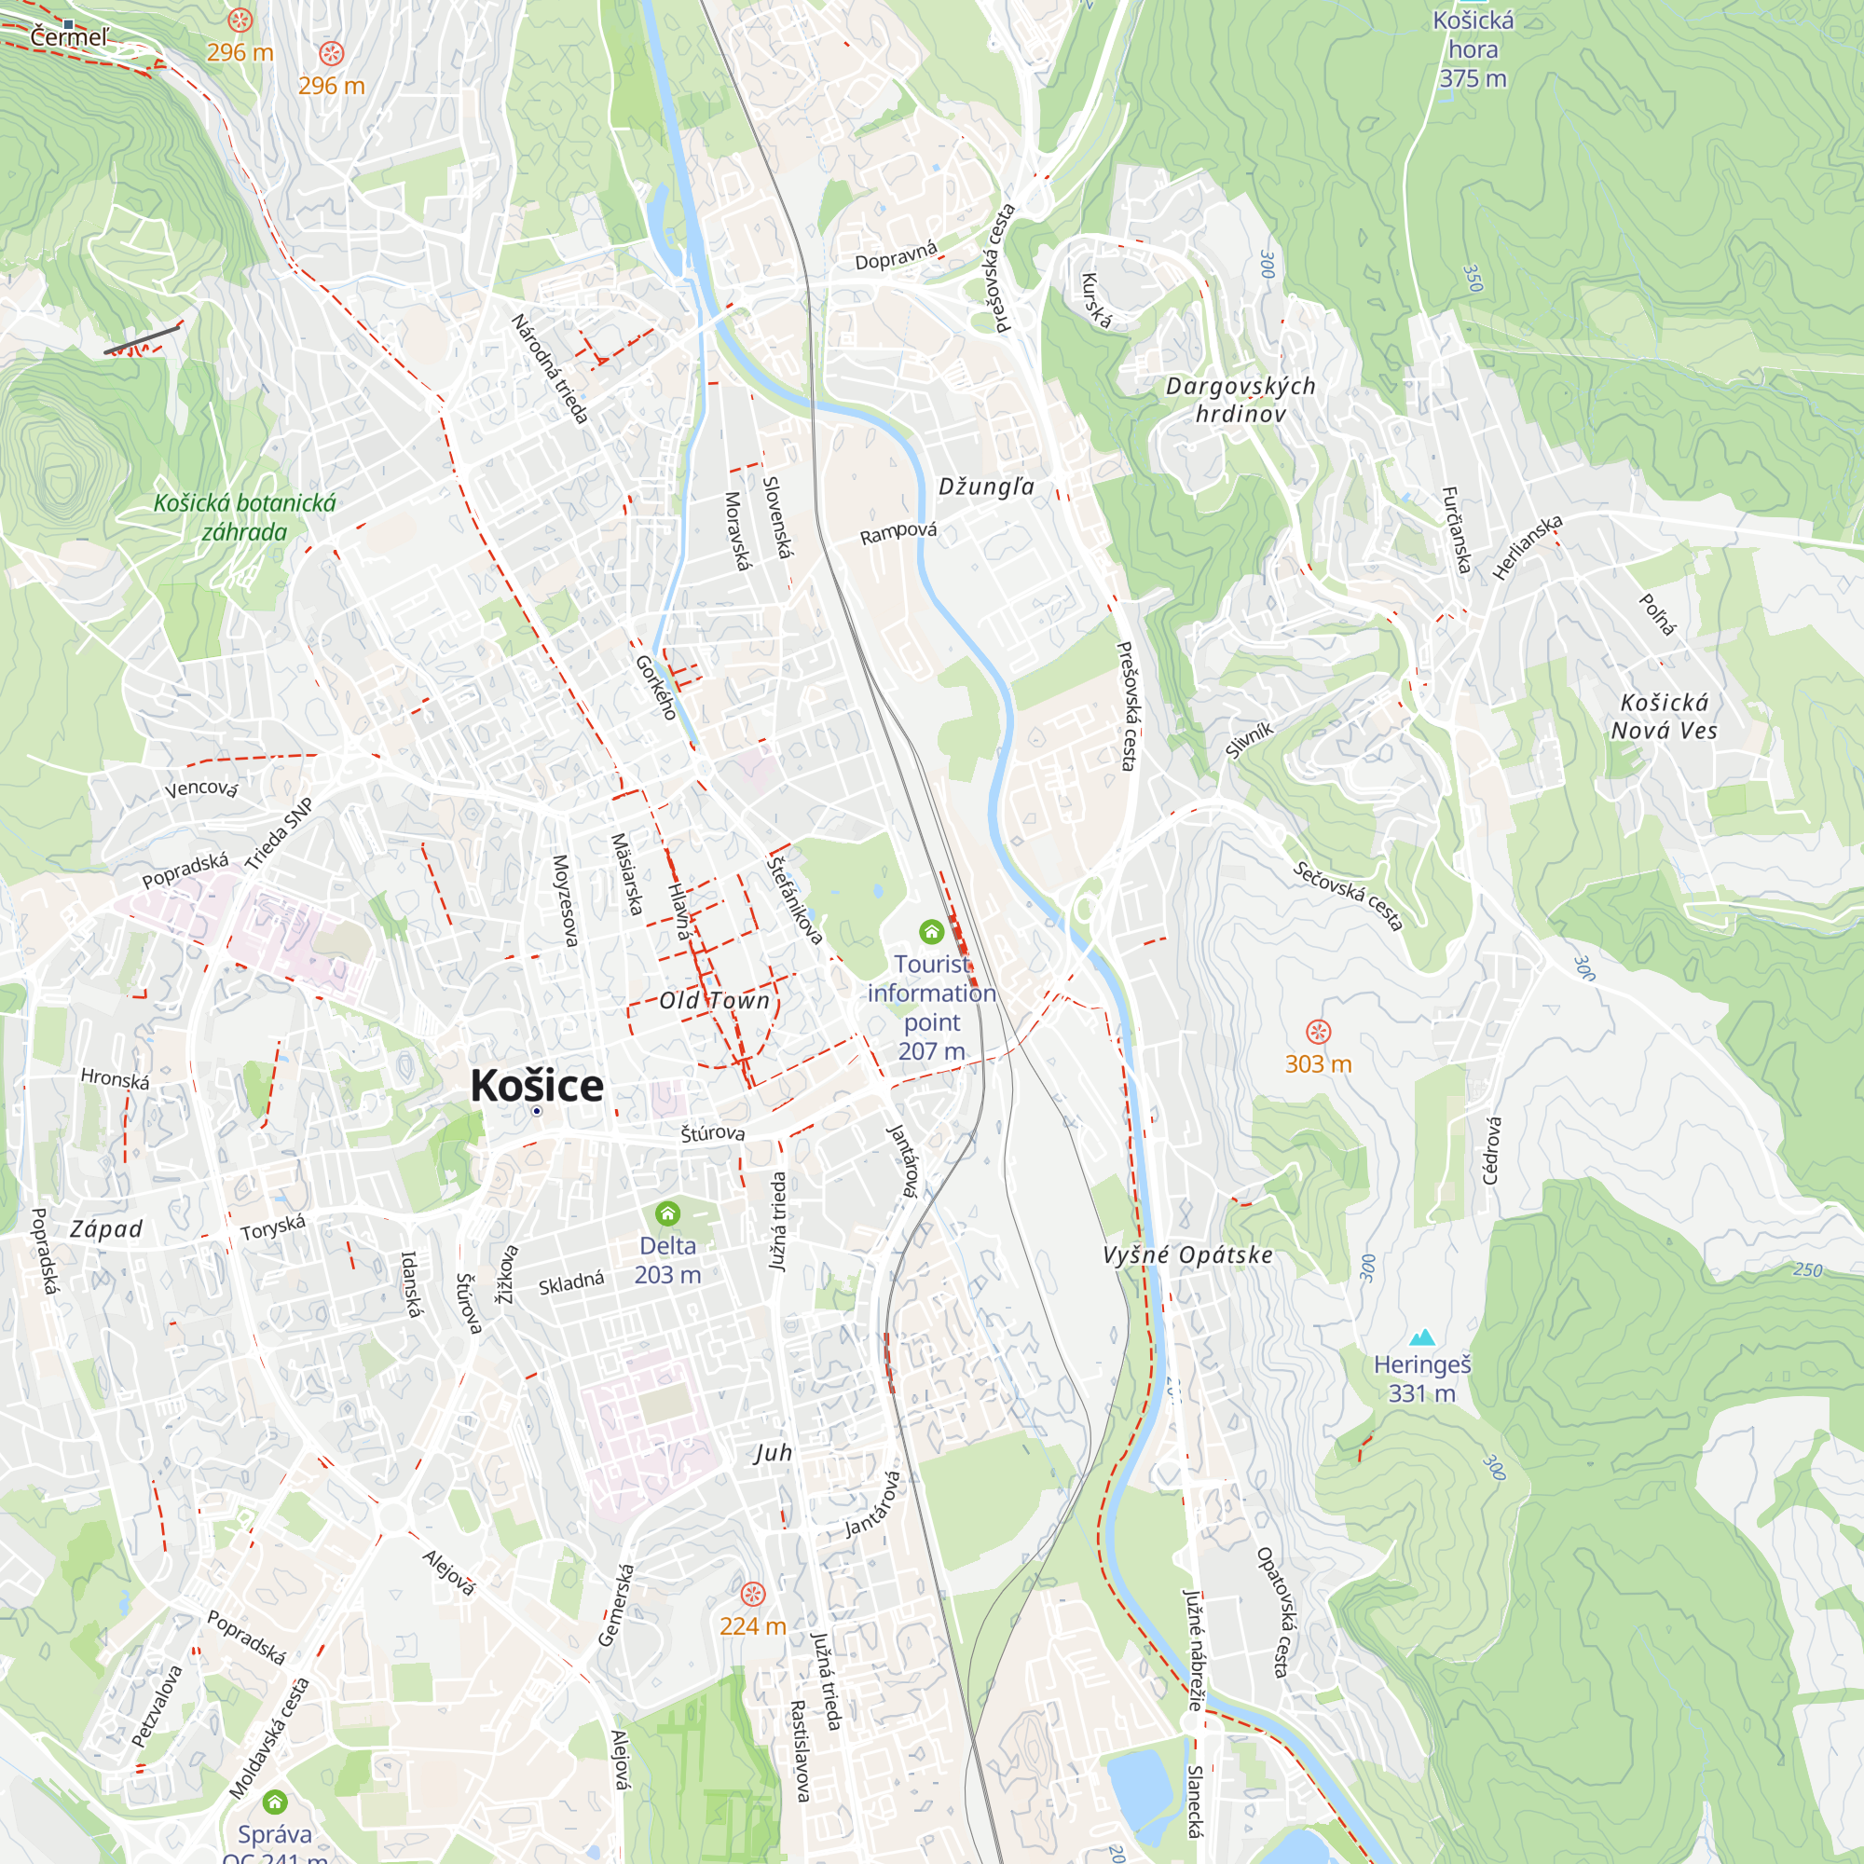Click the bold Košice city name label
tap(537, 1087)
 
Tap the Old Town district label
tap(715, 1000)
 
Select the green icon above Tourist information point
tap(931, 931)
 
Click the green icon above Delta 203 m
tap(667, 1213)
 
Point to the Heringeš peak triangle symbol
tap(1422, 1337)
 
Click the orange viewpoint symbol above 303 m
tap(1318, 1032)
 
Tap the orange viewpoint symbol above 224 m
tap(752, 1593)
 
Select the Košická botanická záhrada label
tap(245, 517)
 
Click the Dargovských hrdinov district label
tap(1240, 400)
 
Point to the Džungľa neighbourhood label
tap(986, 487)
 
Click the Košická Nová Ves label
tap(1665, 716)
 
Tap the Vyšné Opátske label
tap(1187, 1255)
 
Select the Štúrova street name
tap(713, 1132)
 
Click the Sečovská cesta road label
tap(1348, 897)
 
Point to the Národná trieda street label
tap(550, 368)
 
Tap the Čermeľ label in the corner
tap(70, 37)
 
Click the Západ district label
tap(106, 1229)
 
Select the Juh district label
tap(773, 1453)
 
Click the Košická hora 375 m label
tap(1473, 49)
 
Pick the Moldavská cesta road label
tap(270, 1738)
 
